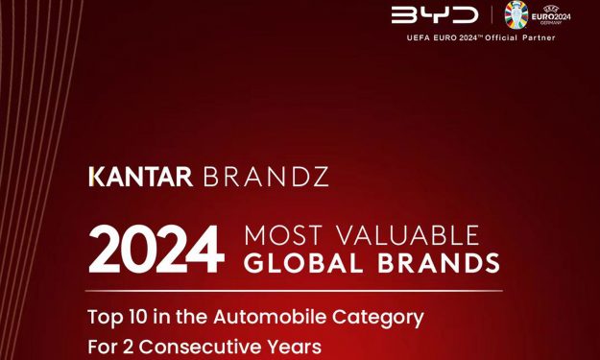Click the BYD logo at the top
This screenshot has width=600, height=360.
click(435, 15)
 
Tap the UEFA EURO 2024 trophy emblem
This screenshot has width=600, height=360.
click(516, 15)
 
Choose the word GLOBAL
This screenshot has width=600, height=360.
click(305, 263)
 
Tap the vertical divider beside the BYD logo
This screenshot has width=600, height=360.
click(491, 16)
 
